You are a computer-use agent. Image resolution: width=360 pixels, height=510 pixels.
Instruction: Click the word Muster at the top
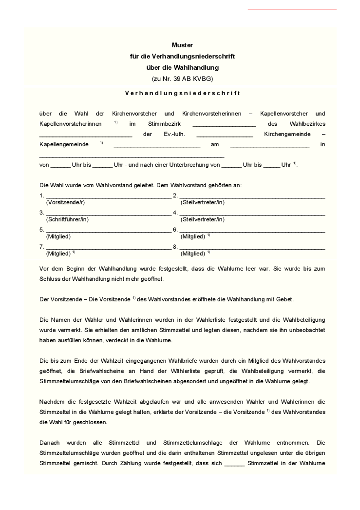(x=182, y=45)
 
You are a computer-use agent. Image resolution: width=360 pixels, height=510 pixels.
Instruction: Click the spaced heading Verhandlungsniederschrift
(x=182, y=93)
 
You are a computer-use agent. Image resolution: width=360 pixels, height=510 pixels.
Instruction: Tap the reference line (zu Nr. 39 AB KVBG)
(x=182, y=78)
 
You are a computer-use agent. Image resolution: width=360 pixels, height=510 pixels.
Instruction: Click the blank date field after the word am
(x=269, y=145)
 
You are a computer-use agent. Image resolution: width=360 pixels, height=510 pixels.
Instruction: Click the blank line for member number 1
(x=108, y=196)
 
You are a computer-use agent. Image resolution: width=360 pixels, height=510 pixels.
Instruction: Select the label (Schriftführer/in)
(x=67, y=219)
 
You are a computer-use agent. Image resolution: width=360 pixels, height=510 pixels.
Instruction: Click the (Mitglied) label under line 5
(x=58, y=236)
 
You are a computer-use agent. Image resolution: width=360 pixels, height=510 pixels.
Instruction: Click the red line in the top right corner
(x=292, y=9)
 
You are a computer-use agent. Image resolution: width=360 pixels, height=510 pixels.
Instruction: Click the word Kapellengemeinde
(x=64, y=145)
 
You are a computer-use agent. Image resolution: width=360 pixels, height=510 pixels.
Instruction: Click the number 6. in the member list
(x=175, y=230)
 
